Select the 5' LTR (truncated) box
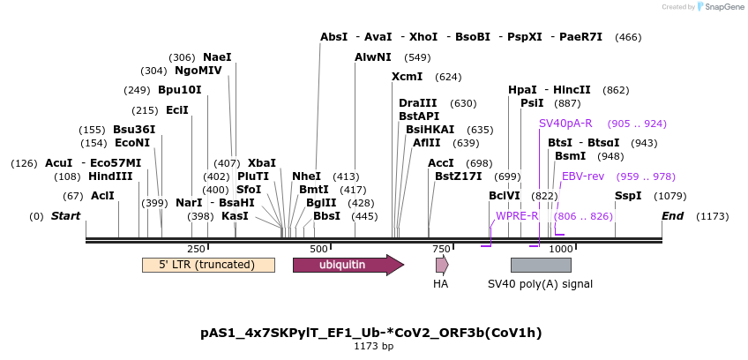[208, 265]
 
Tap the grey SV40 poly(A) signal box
[541, 265]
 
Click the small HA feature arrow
[441, 265]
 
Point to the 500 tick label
[319, 250]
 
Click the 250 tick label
[197, 250]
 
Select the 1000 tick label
[561, 250]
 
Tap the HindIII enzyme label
[110, 176]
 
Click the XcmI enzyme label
[407, 77]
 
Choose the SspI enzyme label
[628, 196]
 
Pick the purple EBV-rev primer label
[583, 176]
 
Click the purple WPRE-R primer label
[517, 216]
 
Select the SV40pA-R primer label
[565, 124]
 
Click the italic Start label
[65, 216]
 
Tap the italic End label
[673, 216]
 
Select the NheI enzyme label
[306, 176]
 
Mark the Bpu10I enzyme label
[180, 90]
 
